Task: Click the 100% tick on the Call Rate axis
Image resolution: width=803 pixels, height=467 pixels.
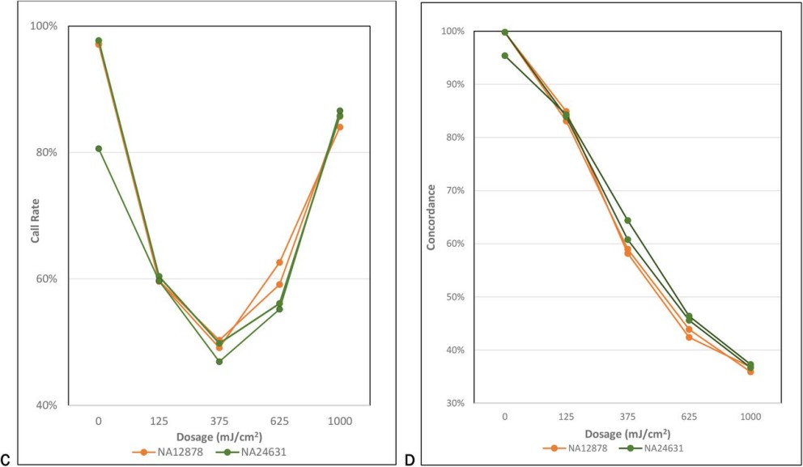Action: [x=44, y=26]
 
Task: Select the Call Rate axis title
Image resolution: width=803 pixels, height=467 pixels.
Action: [x=36, y=215]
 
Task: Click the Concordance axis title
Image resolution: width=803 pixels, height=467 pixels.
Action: [x=431, y=216]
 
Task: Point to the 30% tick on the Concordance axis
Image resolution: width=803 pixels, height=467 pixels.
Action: [x=452, y=403]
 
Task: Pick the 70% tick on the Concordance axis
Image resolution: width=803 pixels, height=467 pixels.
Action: [x=452, y=191]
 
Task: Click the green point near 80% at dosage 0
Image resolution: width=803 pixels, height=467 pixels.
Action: [x=99, y=149]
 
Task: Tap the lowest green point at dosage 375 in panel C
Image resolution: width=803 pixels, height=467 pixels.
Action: [x=219, y=361]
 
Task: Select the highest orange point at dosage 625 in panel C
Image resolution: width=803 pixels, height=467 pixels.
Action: [x=279, y=262]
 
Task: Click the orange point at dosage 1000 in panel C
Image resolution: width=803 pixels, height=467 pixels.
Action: [x=340, y=127]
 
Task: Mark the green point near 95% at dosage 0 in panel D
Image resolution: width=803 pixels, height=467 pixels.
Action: [x=505, y=56]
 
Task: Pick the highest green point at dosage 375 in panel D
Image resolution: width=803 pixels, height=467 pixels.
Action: [x=627, y=220]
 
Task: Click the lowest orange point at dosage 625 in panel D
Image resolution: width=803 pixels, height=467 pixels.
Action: [x=689, y=337]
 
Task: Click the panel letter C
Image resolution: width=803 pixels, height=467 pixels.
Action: [x=6, y=460]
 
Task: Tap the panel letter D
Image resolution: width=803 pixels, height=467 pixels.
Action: [x=410, y=460]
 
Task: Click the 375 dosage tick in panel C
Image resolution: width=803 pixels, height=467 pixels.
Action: [x=219, y=421]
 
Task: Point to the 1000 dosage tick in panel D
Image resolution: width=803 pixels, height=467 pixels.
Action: [x=750, y=416]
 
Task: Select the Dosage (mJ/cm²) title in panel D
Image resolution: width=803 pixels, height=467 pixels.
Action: [x=627, y=434]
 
